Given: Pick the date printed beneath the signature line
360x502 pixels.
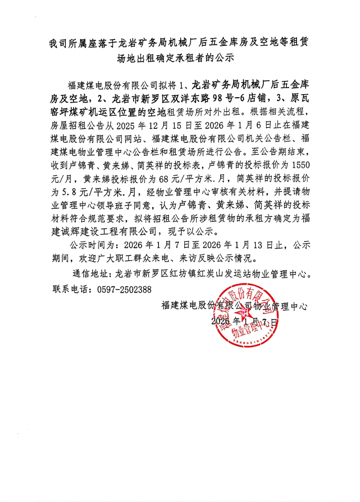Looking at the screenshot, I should tap(244, 321).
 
